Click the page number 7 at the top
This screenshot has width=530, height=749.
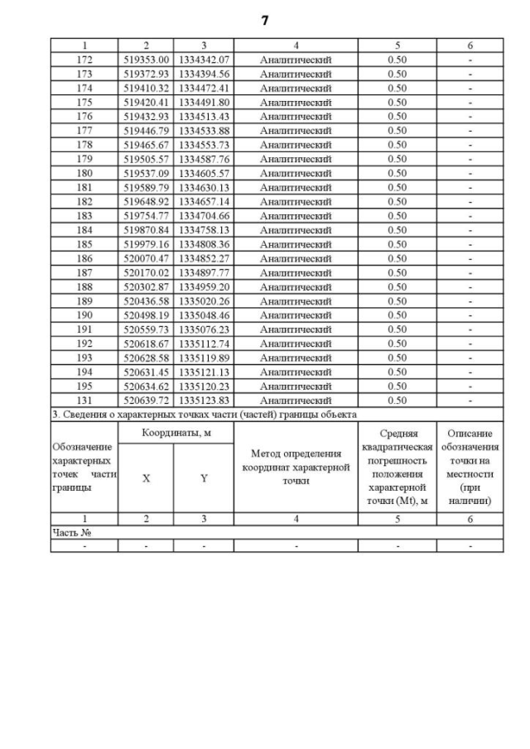pyautogui.click(x=265, y=21)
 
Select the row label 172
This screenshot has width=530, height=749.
pyautogui.click(x=84, y=60)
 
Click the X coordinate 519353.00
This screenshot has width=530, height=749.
pyautogui.click(x=146, y=60)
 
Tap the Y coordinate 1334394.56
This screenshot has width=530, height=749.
pyautogui.click(x=204, y=74)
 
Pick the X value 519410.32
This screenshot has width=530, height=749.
pyautogui.click(x=146, y=88)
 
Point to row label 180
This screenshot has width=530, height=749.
pyautogui.click(x=84, y=173)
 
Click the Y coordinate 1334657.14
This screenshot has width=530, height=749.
pyautogui.click(x=204, y=201)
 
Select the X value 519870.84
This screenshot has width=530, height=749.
pyautogui.click(x=146, y=230)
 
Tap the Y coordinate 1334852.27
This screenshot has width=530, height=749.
pyautogui.click(x=204, y=258)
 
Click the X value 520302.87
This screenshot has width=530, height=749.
pyautogui.click(x=146, y=286)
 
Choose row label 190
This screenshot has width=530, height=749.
pyautogui.click(x=84, y=315)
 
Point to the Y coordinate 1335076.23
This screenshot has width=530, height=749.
pyautogui.click(x=204, y=329)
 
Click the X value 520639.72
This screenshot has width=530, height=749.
pyautogui.click(x=146, y=401)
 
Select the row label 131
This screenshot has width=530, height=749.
pyautogui.click(x=84, y=401)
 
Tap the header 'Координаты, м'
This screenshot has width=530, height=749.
pyautogui.click(x=176, y=434)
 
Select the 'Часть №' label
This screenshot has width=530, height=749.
pyautogui.click(x=71, y=533)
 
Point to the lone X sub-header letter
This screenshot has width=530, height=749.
pyautogui.click(x=146, y=478)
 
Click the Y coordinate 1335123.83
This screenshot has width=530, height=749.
pyautogui.click(x=204, y=401)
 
